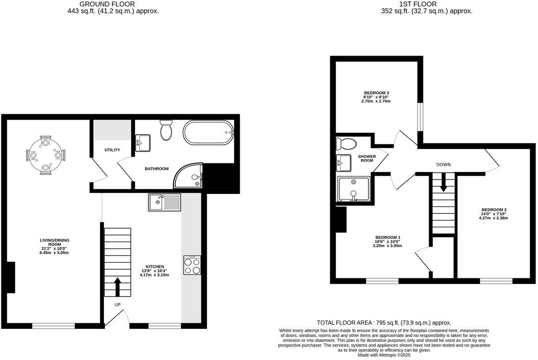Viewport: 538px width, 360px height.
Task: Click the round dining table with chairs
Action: coord(46,155)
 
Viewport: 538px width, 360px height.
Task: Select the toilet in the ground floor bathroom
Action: coord(166,129)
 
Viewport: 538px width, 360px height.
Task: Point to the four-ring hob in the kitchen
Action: coord(192,265)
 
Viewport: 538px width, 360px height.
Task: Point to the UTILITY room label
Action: coord(112,150)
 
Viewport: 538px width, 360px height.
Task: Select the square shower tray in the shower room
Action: coord(354,189)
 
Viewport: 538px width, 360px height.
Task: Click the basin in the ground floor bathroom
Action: coord(142,142)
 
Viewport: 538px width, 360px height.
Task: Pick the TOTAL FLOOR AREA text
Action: coord(384,322)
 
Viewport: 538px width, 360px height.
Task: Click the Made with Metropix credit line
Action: coord(384,355)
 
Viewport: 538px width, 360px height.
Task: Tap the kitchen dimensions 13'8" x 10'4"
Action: coord(154,271)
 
